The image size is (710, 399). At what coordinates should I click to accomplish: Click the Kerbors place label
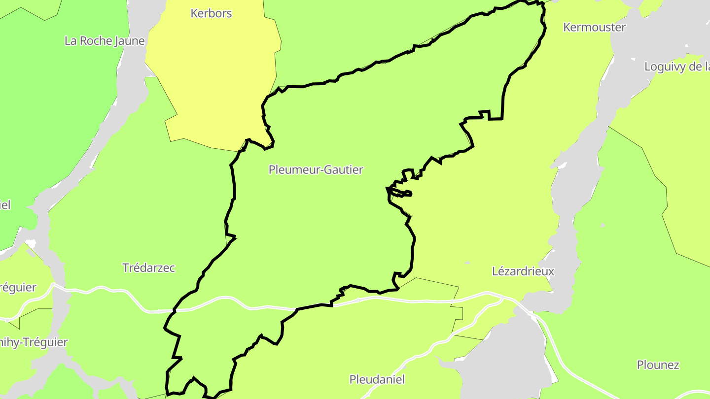[x=211, y=13]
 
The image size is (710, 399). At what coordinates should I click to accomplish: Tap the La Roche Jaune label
[x=105, y=41]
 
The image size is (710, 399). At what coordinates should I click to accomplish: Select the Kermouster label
[x=594, y=27]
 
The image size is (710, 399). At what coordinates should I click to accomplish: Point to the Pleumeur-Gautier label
[x=316, y=169]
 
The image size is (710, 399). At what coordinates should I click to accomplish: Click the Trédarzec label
[x=148, y=268]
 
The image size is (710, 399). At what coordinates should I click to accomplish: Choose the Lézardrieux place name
[x=523, y=271]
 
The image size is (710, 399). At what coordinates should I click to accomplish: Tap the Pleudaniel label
[x=377, y=379]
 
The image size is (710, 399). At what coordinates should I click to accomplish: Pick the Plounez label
[x=658, y=365]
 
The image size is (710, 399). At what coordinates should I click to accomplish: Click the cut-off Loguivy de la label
[x=677, y=66]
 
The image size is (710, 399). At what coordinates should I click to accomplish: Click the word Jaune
[x=130, y=41]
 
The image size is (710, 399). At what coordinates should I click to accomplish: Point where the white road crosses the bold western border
[x=174, y=311]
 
